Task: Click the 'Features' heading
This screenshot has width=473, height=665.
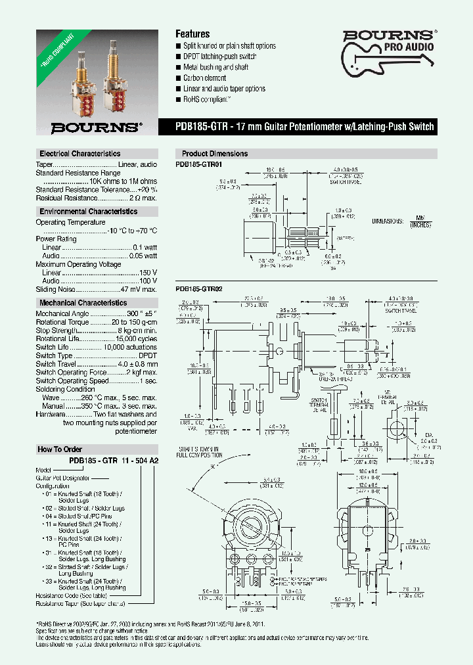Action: [192, 34]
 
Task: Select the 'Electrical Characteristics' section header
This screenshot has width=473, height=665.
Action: [79, 153]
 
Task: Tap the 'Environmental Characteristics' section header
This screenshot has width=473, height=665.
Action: [88, 212]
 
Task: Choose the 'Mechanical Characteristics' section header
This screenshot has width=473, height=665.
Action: [83, 303]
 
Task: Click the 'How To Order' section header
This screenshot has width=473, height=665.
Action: [60, 449]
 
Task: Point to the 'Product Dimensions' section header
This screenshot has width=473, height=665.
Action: [215, 153]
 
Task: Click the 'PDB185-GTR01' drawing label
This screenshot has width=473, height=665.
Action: [199, 164]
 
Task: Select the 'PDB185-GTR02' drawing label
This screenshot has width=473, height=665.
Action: [199, 288]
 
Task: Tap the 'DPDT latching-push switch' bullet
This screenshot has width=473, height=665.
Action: [219, 57]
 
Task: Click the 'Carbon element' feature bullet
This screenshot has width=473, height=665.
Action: [206, 78]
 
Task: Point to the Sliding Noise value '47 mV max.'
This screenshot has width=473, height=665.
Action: [139, 289]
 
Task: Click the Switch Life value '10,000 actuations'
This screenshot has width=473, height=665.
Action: [131, 347]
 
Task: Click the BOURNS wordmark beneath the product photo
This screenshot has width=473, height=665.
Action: [96, 127]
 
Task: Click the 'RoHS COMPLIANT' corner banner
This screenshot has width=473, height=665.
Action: [51, 47]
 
